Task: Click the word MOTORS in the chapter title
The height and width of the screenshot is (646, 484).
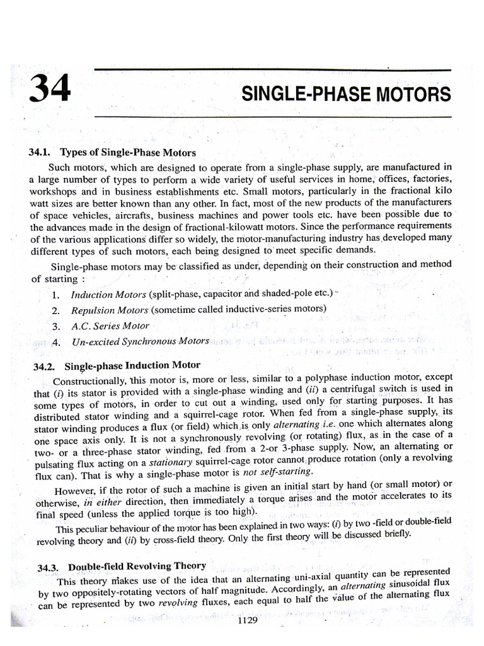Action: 415,95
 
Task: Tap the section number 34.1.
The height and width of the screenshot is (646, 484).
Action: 40,153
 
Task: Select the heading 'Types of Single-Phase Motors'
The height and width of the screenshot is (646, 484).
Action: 128,153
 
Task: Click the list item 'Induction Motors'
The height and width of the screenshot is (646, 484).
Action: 108,295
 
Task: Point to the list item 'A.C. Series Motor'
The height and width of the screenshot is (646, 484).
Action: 110,326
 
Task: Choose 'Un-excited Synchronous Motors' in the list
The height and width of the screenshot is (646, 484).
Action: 140,341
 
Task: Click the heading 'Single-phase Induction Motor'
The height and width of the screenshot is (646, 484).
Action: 132,365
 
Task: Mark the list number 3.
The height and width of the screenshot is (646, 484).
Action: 55,326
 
